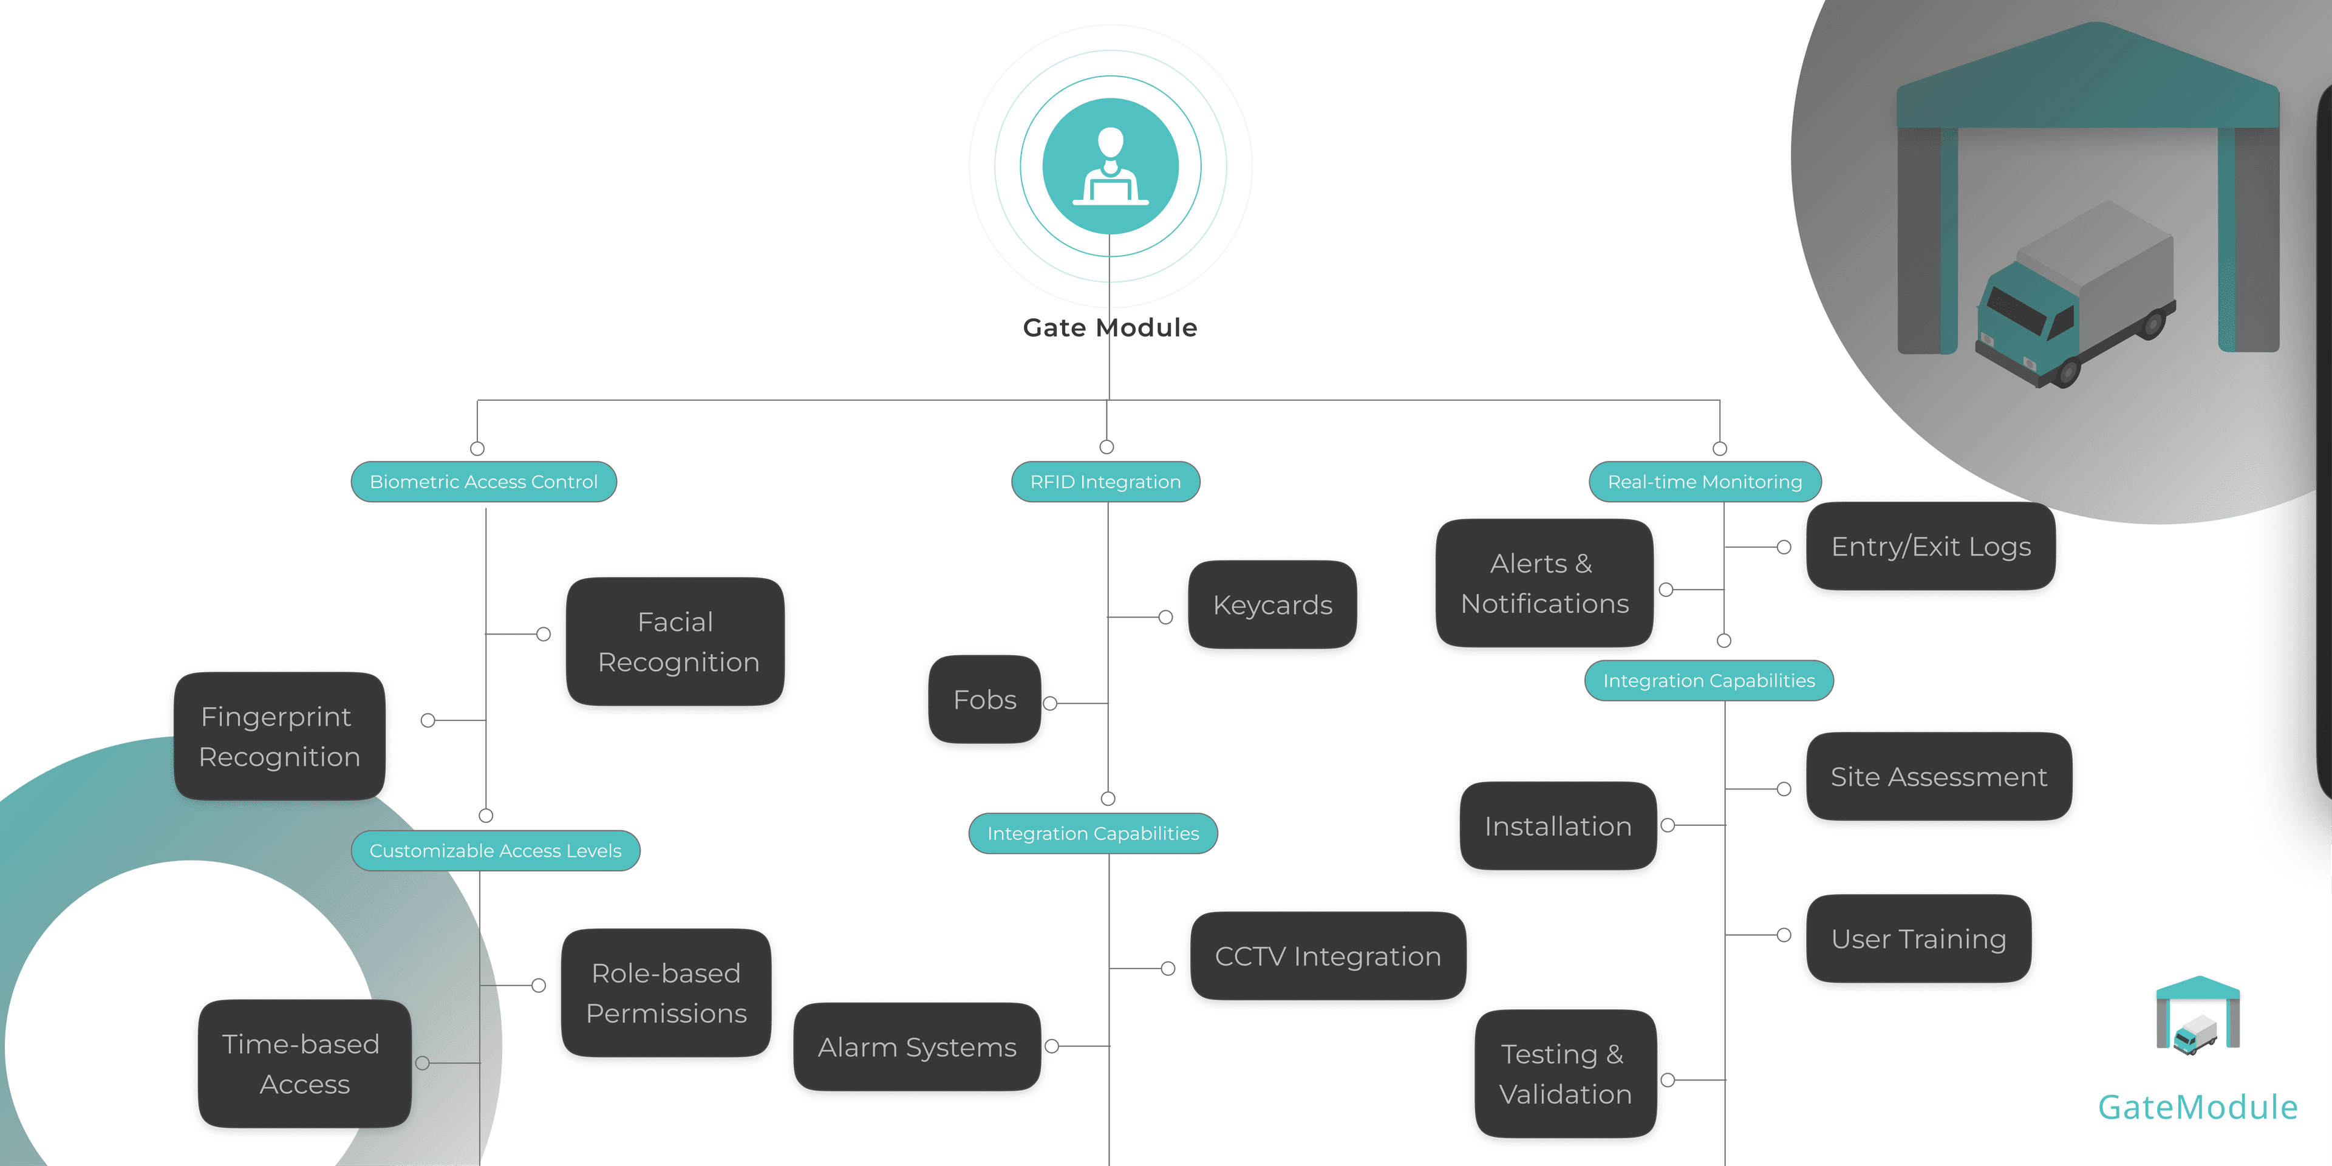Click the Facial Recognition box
click(x=675, y=642)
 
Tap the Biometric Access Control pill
click(x=483, y=482)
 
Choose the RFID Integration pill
click(x=1105, y=482)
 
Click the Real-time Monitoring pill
click(x=1705, y=482)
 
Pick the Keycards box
click(x=1272, y=605)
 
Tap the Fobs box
click(x=985, y=700)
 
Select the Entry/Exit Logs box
click(x=1930, y=547)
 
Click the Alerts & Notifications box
click(x=1544, y=583)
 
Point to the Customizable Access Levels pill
click(x=495, y=851)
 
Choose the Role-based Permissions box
click(x=666, y=993)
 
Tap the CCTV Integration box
click(x=1327, y=956)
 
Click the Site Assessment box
click(x=1938, y=777)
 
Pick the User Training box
click(x=1918, y=939)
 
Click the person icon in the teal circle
click(x=1111, y=166)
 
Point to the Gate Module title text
click(x=1110, y=328)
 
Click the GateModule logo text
click(x=2197, y=1107)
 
